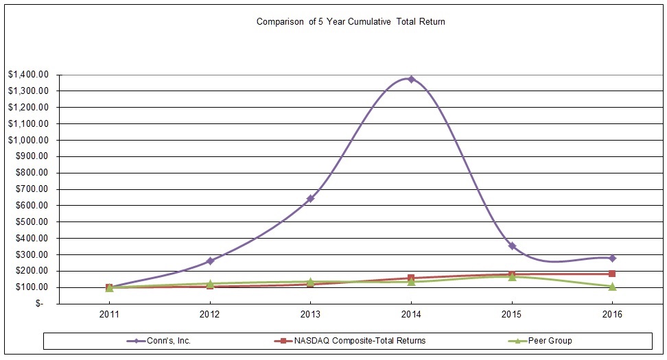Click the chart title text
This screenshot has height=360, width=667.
point(351,21)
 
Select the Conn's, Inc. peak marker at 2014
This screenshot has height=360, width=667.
point(411,79)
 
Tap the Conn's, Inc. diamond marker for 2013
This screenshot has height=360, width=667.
point(310,199)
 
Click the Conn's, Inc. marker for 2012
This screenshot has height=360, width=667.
point(210,261)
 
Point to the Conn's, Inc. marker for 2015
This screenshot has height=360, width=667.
point(512,245)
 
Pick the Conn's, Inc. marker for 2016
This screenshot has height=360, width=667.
point(612,258)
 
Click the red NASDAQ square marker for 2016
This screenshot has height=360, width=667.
point(612,274)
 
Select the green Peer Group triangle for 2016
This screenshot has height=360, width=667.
point(612,286)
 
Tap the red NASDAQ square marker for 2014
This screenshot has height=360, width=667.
point(411,278)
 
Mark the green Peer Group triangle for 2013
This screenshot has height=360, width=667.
point(310,281)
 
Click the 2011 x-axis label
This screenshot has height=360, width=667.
point(109,315)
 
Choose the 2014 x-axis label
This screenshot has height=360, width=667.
point(411,315)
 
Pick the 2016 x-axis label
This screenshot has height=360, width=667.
point(612,315)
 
